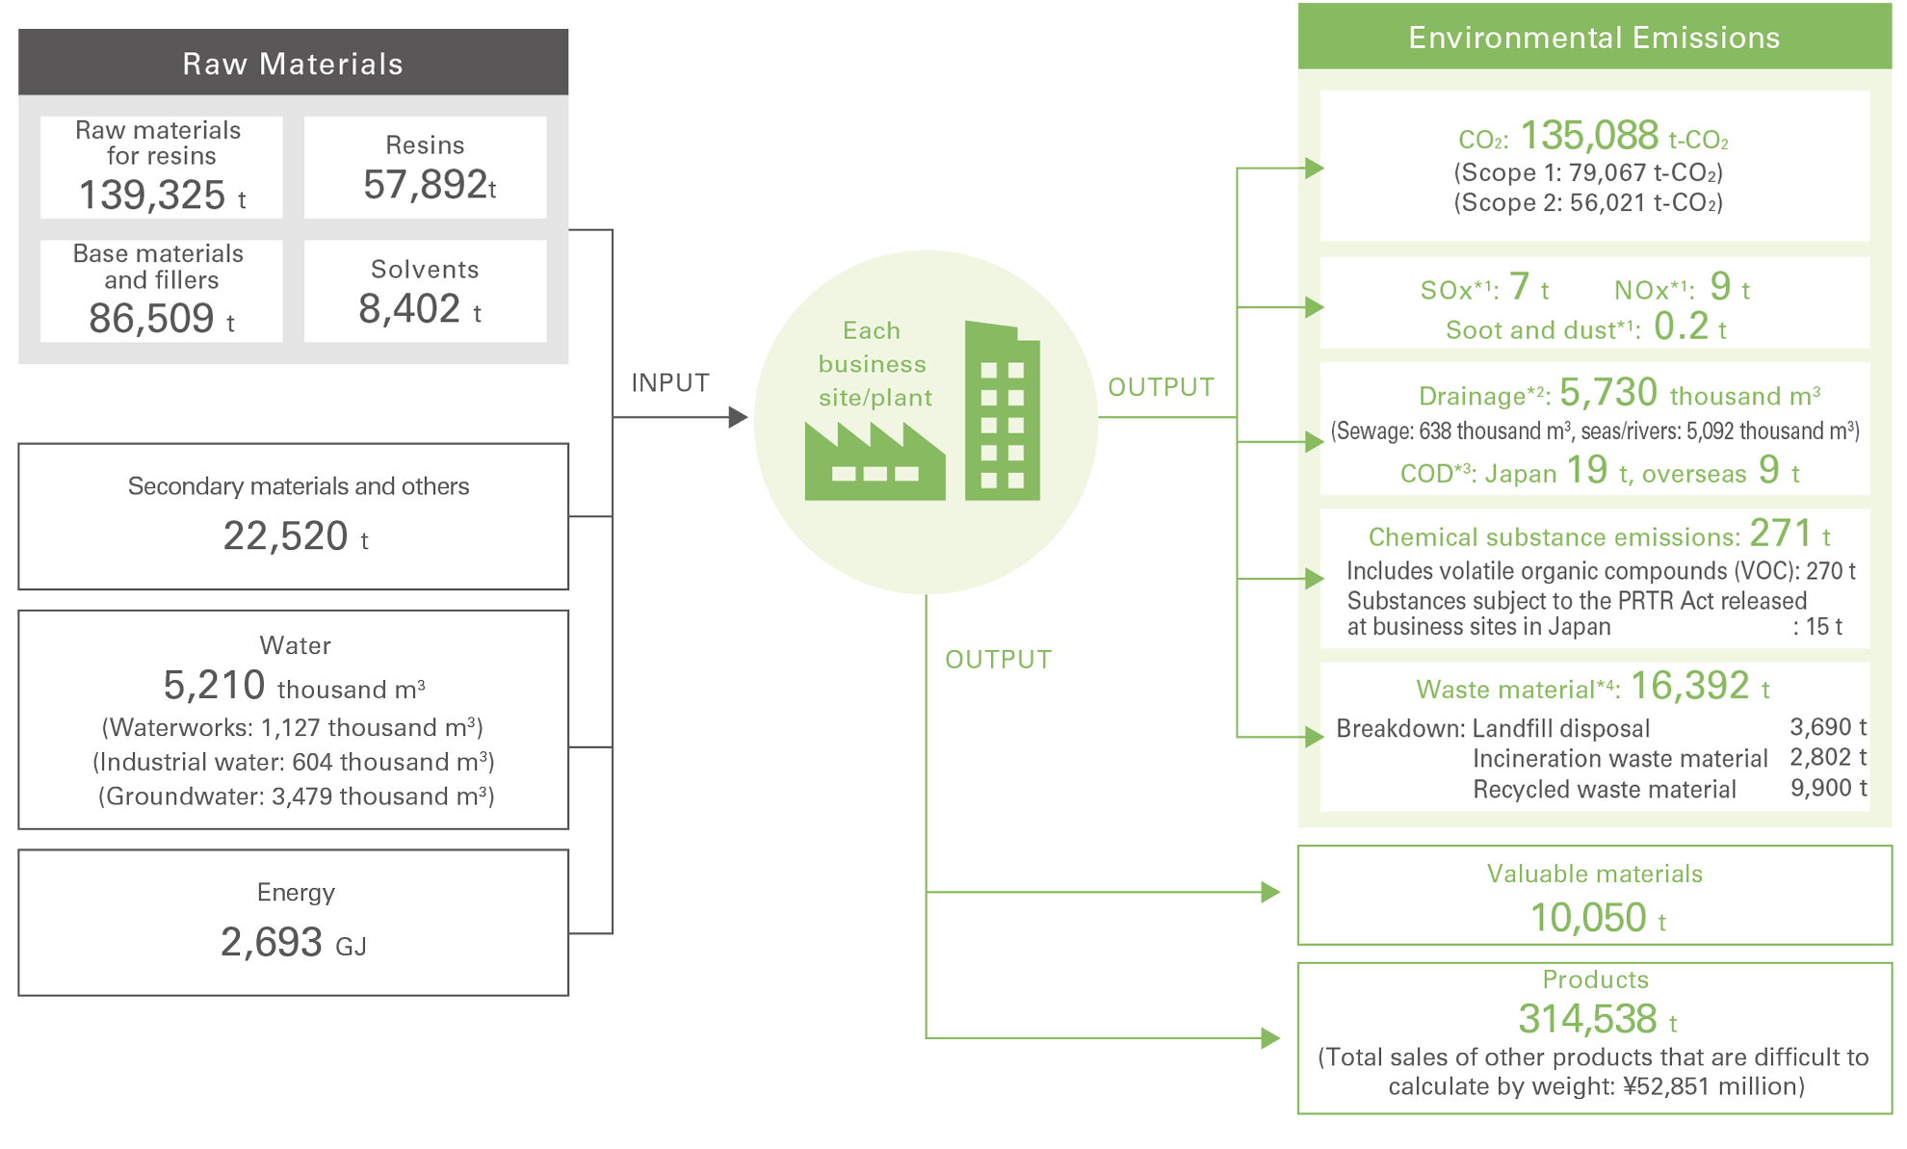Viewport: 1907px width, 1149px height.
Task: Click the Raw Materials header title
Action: tap(293, 64)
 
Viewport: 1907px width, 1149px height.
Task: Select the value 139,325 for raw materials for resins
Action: tap(152, 196)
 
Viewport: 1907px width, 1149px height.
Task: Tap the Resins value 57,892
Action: tap(425, 185)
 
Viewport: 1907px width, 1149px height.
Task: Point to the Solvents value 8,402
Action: tap(409, 309)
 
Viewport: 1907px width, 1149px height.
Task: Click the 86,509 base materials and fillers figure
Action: tap(151, 319)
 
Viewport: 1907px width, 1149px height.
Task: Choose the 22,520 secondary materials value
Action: tap(285, 535)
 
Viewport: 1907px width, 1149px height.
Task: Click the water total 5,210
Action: tap(214, 686)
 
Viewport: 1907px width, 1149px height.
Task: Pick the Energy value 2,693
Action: tap(271, 942)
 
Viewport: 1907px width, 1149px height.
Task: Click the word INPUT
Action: tap(670, 383)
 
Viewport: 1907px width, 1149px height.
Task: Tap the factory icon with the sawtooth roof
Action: tap(875, 464)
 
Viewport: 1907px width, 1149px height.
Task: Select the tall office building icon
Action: tap(1002, 412)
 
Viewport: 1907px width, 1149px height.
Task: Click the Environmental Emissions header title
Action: tap(1594, 38)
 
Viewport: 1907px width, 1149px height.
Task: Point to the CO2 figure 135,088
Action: tap(1589, 136)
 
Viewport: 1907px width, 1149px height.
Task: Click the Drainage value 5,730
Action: tap(1608, 393)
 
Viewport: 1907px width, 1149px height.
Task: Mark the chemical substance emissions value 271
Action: tap(1781, 534)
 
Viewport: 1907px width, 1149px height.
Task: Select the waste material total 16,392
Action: tap(1689, 686)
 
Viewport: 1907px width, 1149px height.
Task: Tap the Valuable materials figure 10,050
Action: tap(1588, 918)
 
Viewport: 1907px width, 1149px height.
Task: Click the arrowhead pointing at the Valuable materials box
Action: tap(1270, 892)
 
